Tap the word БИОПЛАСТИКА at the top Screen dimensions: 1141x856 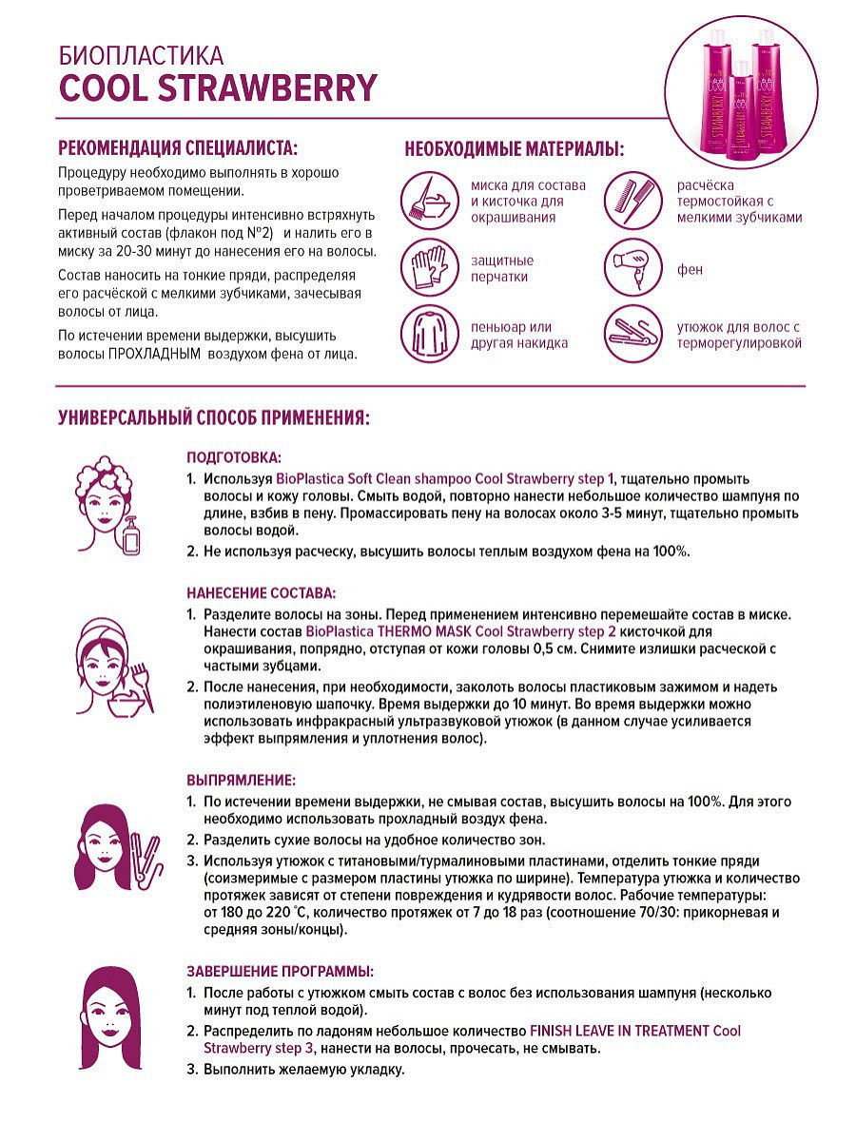141,54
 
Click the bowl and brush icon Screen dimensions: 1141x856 427,200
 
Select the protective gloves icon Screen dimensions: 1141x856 427,266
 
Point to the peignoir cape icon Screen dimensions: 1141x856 427,333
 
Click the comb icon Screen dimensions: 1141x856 632,200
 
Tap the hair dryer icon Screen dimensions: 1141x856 632,266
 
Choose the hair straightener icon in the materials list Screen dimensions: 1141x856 632,333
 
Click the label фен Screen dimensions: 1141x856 690,270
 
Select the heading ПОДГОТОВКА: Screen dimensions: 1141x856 234,456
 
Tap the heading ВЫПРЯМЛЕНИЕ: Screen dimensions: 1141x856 241,780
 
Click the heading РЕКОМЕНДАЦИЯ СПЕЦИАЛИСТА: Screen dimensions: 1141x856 178,148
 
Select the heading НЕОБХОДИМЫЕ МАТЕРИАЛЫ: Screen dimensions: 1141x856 515,149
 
